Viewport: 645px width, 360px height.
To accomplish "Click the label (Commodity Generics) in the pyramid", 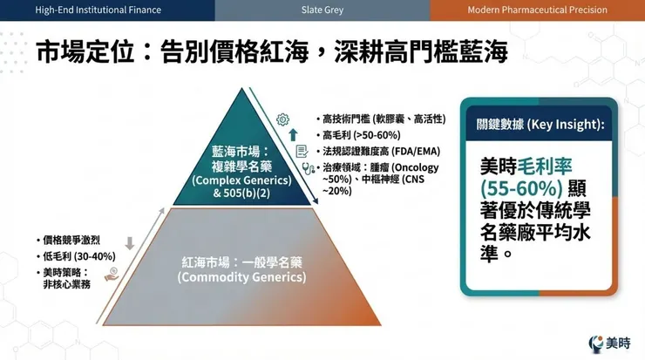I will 241,277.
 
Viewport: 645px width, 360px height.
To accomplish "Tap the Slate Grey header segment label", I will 322,10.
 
